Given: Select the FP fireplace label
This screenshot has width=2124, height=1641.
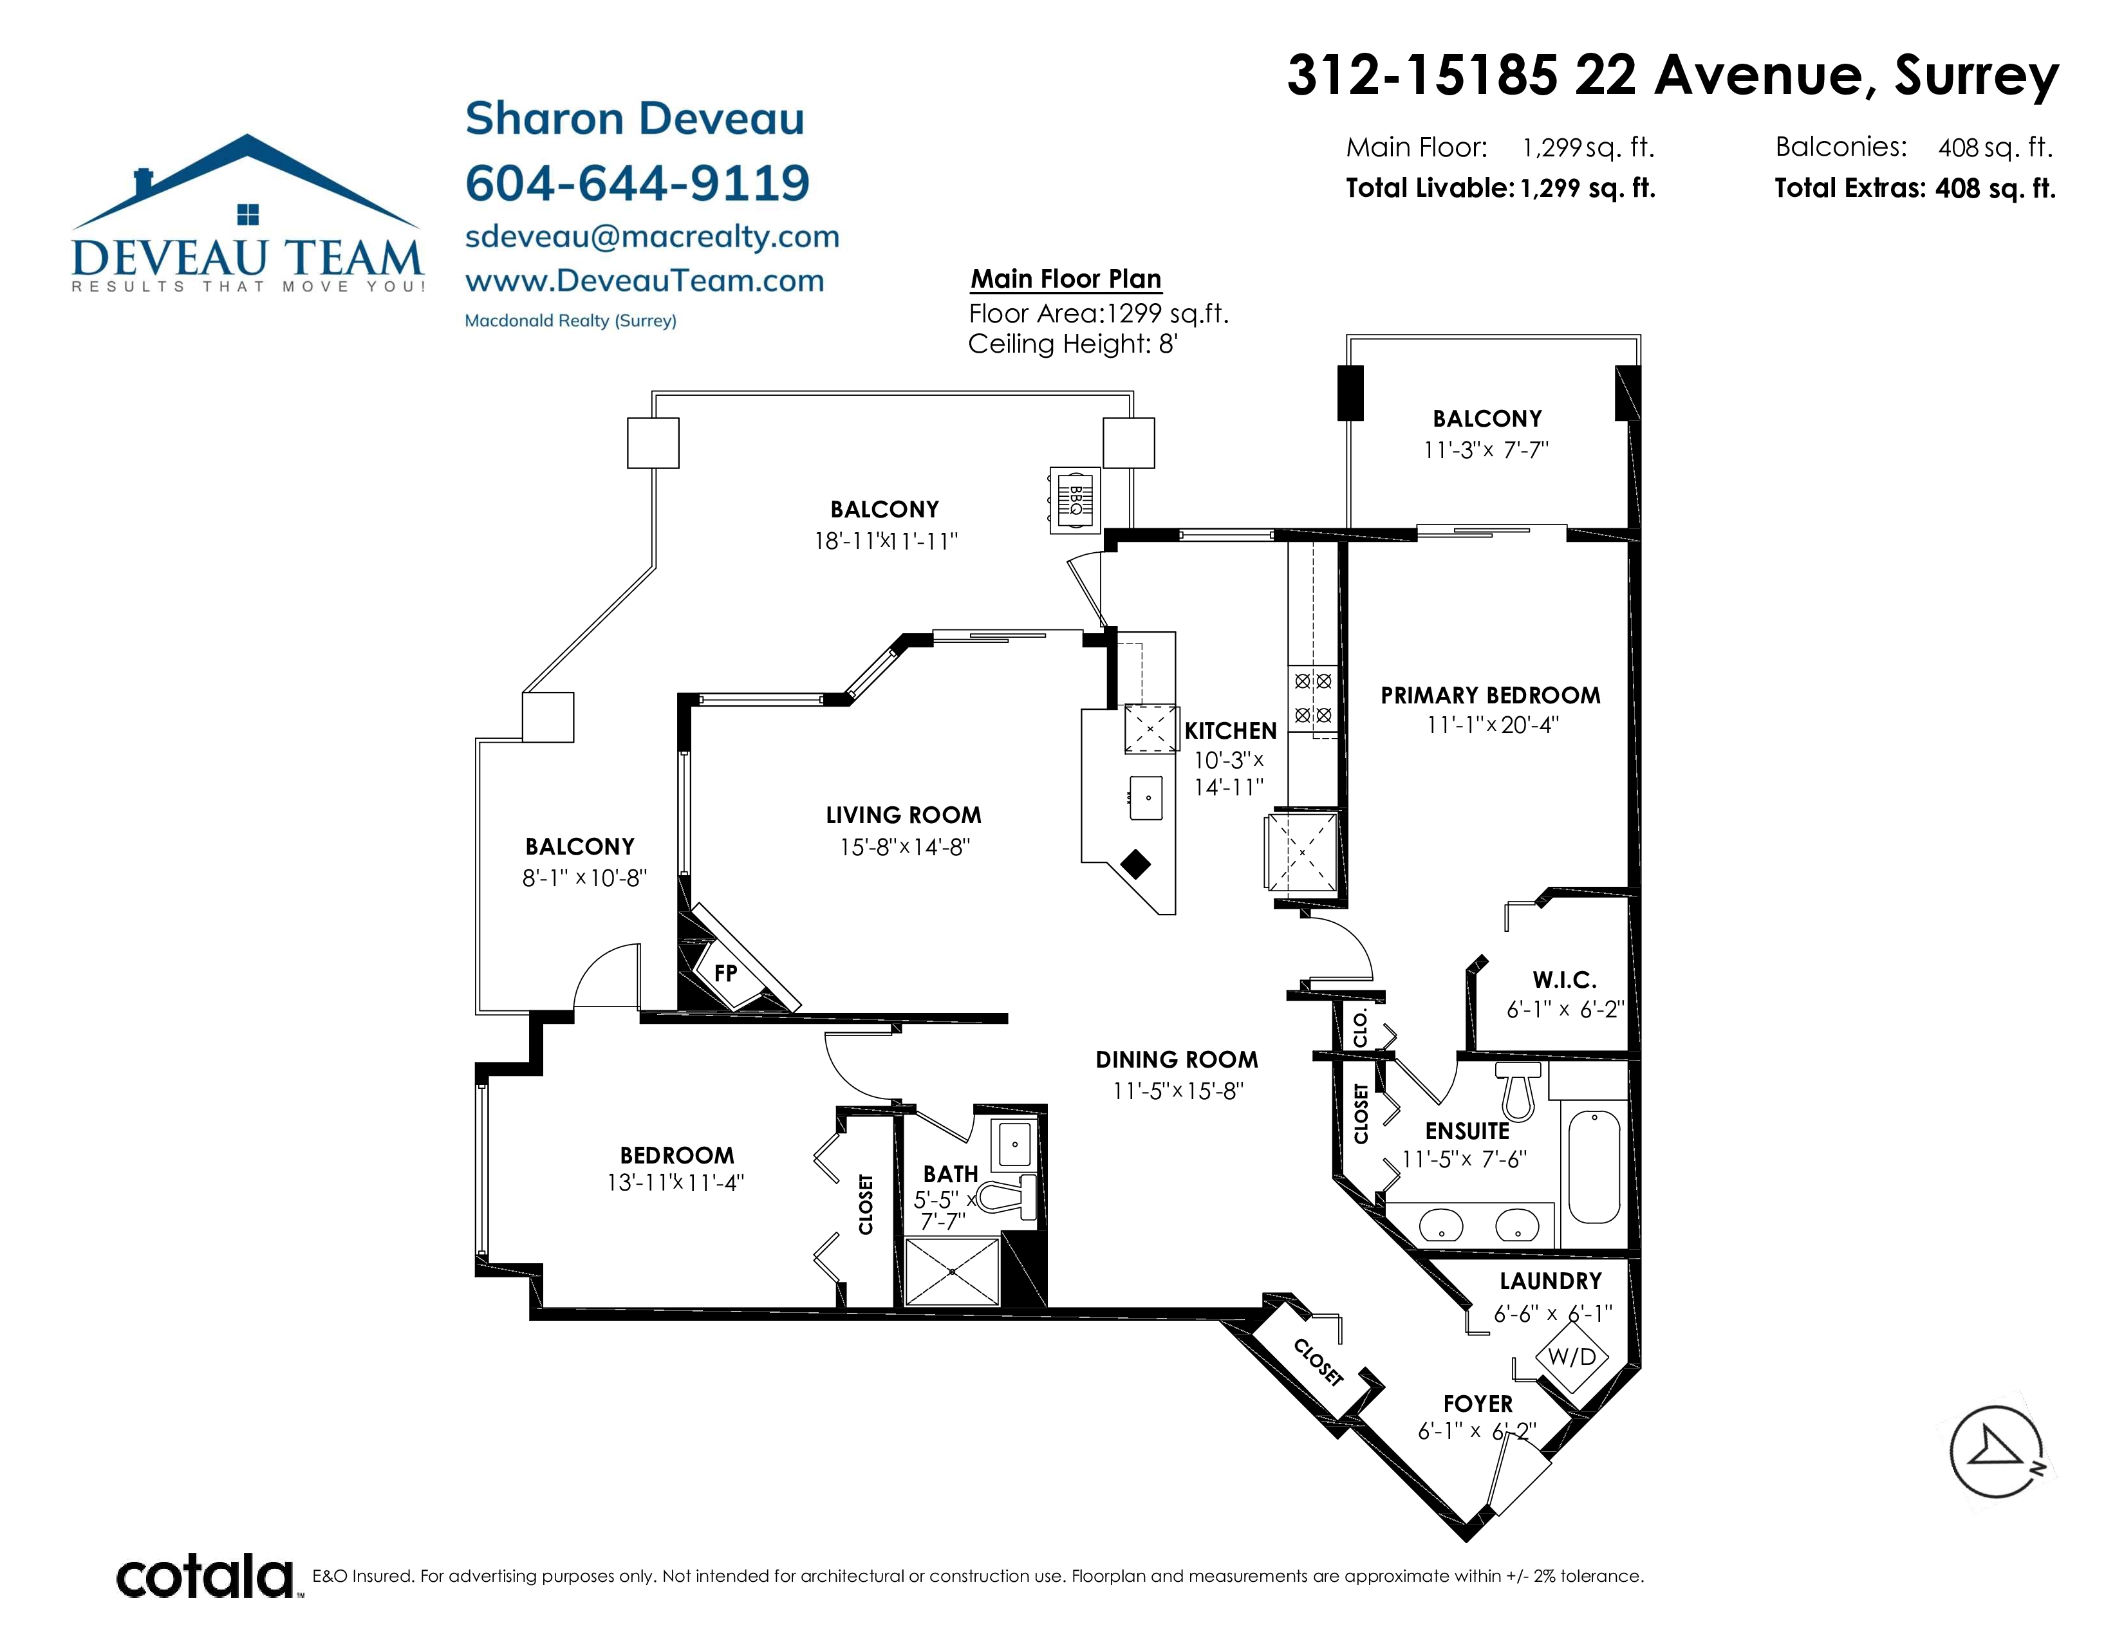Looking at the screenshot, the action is (x=725, y=973).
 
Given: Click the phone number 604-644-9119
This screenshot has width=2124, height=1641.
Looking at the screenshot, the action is (x=637, y=183).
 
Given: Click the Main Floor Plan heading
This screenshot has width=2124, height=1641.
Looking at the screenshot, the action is (x=1066, y=279).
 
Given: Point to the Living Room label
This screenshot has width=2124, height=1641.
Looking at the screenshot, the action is (x=904, y=815).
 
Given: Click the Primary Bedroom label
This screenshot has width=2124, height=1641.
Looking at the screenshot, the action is (x=1490, y=695).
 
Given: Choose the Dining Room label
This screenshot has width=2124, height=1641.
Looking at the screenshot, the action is (x=1177, y=1060).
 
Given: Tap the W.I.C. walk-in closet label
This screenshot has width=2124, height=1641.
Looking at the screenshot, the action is (x=1565, y=980).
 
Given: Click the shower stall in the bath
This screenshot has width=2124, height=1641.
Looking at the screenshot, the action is (x=952, y=1270).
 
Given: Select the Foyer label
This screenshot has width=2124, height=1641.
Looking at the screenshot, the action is (x=1477, y=1404).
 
